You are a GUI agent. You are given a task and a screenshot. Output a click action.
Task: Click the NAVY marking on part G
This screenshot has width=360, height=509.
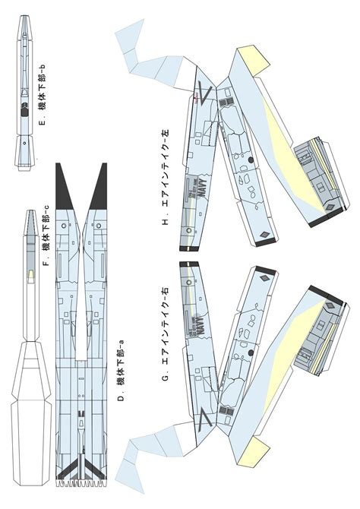pos(202,327)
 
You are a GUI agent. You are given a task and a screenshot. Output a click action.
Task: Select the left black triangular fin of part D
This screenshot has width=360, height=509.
pos(64,186)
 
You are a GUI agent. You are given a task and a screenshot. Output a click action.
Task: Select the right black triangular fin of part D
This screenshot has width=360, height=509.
pos(99,186)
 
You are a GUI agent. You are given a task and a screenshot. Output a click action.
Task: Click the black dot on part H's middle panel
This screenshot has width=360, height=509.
pos(249,160)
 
